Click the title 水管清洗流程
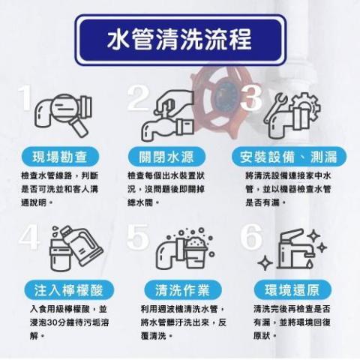180,39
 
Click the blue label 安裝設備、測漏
288,157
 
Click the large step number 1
26,101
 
